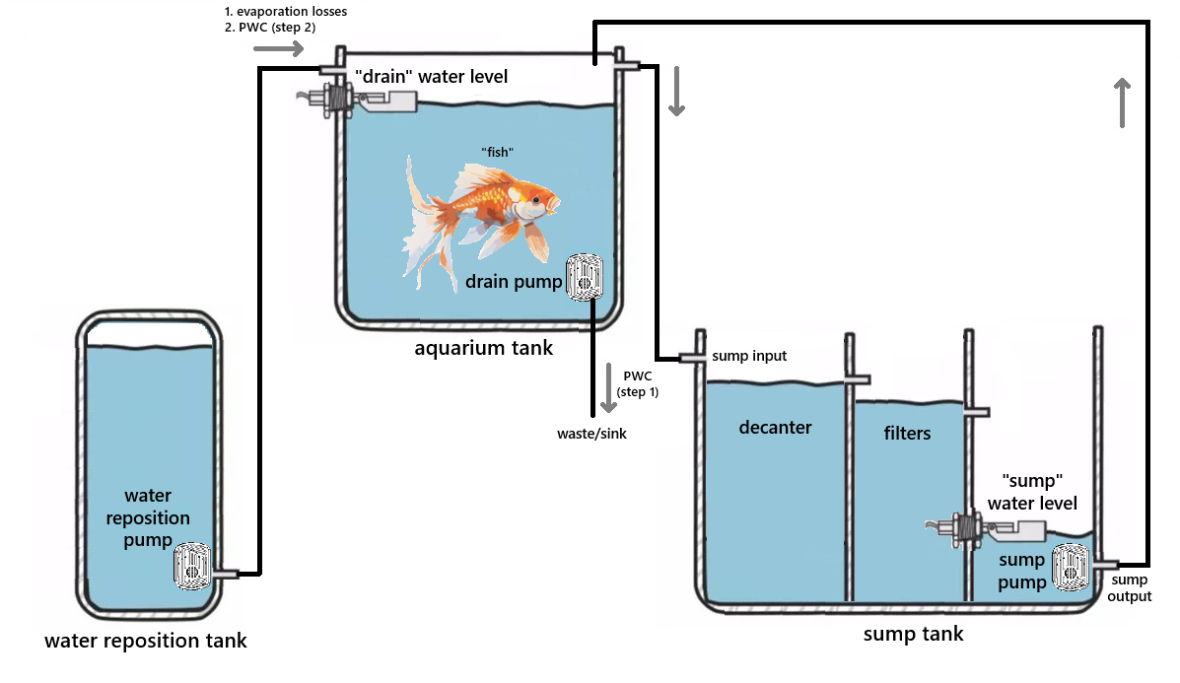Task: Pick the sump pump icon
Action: tap(1072, 567)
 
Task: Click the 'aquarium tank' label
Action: tap(483, 348)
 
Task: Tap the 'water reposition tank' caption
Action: tap(146, 642)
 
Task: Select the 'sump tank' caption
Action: tap(913, 634)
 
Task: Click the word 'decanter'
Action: tap(775, 427)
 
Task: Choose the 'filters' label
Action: tap(907, 433)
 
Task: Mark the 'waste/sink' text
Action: tap(591, 433)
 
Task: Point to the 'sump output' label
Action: tap(1130, 587)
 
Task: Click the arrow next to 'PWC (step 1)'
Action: tap(606, 390)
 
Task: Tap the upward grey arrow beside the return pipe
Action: tap(1122, 102)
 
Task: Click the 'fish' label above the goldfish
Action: tap(497, 151)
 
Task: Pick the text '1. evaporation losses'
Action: tap(285, 12)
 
